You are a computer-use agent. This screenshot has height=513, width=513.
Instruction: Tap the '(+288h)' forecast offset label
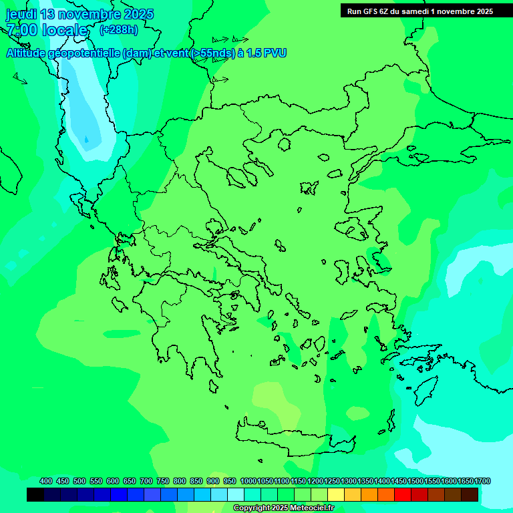tap(119, 29)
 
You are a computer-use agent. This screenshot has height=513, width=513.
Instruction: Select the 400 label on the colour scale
tap(46, 481)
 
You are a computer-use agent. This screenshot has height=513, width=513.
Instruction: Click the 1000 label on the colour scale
tap(248, 481)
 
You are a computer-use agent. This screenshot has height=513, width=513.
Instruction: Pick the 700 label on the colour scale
tap(146, 481)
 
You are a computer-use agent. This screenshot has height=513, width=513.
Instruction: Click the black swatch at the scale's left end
tap(35, 495)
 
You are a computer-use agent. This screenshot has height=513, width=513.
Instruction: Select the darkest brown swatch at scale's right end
tap(470, 495)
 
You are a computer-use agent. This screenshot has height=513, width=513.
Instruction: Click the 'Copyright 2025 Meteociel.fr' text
tap(283, 508)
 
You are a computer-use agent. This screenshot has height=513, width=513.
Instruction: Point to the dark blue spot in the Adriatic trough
tap(85, 139)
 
